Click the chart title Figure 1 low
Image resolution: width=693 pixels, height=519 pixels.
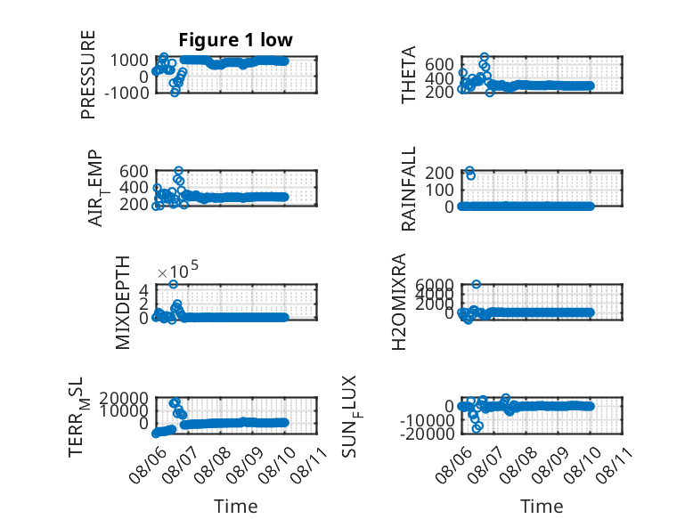[235, 40]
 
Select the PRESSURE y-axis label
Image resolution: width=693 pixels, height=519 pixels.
[88, 75]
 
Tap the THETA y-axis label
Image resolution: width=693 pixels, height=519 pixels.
[408, 75]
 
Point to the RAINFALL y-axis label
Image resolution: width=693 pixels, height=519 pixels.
[408, 189]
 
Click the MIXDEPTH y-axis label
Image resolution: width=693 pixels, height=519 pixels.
[122, 303]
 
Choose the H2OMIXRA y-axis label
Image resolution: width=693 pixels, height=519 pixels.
[398, 302]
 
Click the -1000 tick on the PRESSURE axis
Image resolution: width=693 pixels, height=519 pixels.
[126, 93]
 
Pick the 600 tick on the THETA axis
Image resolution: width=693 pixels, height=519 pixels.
[439, 64]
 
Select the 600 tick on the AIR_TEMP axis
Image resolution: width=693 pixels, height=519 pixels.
[134, 171]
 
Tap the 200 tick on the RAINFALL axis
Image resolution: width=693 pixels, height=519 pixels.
[439, 173]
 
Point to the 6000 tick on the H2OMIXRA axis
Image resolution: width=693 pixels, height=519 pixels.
[435, 284]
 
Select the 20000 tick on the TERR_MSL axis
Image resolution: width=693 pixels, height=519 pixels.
[123, 399]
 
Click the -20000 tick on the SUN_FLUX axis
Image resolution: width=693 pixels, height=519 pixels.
[426, 434]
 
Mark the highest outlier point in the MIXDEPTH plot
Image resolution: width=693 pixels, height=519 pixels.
[173, 284]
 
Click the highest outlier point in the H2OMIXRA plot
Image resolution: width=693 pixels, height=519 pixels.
[476, 284]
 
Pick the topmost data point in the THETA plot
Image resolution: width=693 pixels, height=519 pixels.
[485, 57]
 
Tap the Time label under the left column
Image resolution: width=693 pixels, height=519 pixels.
[235, 507]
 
